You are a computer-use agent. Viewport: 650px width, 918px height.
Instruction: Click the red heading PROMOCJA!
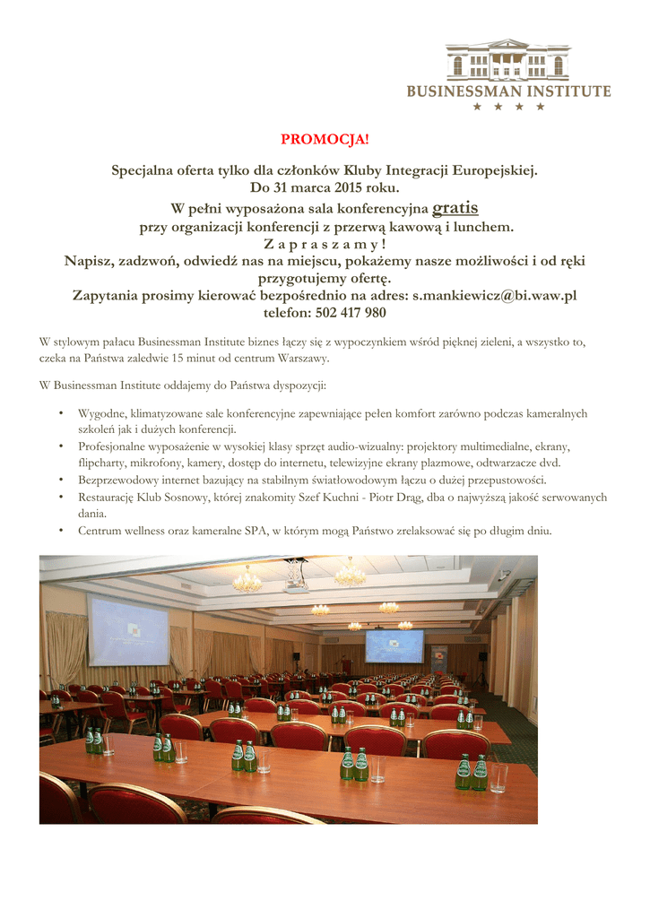point(325,139)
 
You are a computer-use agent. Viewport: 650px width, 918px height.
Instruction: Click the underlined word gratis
point(455,209)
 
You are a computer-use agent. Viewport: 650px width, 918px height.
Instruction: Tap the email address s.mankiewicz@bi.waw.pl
point(493,295)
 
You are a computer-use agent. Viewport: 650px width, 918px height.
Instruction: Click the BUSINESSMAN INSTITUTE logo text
point(508,91)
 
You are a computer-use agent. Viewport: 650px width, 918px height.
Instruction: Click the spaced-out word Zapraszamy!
point(325,244)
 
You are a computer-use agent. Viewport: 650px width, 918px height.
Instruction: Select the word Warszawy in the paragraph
point(303,359)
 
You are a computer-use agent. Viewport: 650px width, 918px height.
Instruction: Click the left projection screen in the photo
point(128,631)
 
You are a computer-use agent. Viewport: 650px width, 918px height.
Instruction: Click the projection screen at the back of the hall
point(394,645)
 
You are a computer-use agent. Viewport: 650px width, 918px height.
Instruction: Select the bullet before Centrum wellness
point(60,531)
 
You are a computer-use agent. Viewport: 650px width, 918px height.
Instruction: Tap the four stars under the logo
point(508,107)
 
